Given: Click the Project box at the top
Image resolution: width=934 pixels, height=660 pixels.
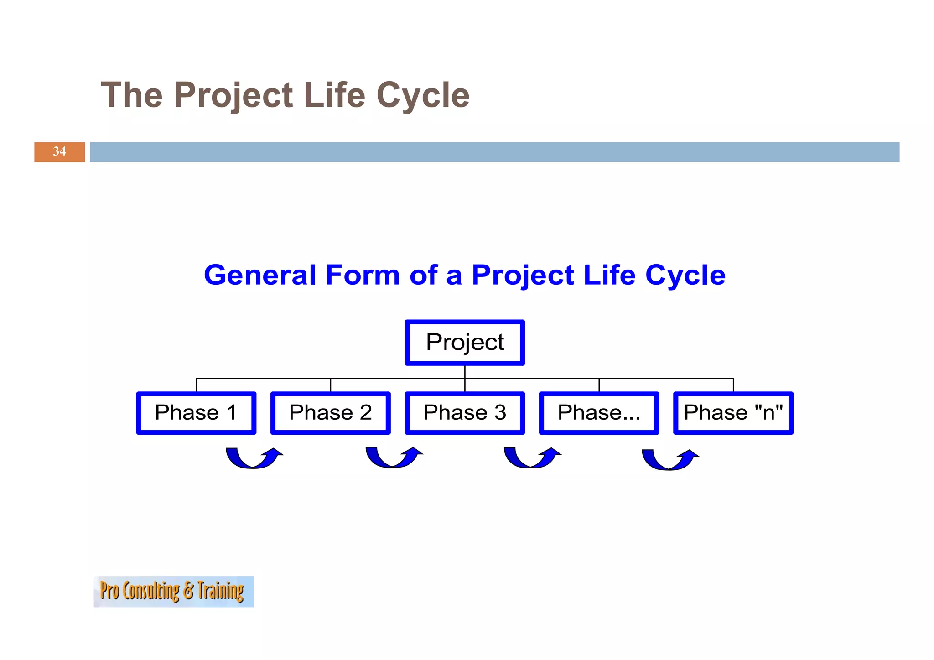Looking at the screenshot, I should click(x=464, y=343).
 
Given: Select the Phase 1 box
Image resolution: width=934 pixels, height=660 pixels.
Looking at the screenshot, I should click(x=196, y=413).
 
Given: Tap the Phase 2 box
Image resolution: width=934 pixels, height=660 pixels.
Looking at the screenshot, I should click(x=330, y=413).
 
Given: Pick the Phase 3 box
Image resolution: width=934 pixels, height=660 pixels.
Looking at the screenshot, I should click(x=464, y=413).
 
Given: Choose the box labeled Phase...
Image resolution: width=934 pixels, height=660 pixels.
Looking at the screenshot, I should click(x=599, y=413).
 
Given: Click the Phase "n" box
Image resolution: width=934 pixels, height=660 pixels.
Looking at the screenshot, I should click(x=733, y=413).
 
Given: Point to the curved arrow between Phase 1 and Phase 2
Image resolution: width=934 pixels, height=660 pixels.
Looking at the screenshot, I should click(x=254, y=459).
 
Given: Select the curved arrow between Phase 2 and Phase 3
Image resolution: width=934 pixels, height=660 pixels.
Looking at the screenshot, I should click(x=393, y=458).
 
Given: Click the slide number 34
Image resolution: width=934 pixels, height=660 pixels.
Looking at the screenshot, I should click(x=59, y=151).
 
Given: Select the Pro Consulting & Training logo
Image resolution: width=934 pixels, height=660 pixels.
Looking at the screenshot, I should click(x=174, y=591).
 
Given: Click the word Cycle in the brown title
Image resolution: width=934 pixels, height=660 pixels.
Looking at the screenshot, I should click(x=423, y=95).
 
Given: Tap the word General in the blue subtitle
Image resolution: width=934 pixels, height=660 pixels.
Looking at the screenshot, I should click(x=260, y=275).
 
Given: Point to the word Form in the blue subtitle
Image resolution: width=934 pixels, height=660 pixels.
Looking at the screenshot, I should click(x=363, y=275).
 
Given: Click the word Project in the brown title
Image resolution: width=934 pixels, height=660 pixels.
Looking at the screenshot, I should click(x=233, y=95).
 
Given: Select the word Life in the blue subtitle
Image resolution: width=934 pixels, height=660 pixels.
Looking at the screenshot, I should click(x=609, y=275).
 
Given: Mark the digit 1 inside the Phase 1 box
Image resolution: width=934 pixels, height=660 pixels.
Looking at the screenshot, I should click(x=232, y=412).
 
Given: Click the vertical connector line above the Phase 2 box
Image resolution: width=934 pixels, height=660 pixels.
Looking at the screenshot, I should click(x=330, y=385).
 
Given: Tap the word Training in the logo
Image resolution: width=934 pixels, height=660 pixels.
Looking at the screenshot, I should click(x=221, y=591).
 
